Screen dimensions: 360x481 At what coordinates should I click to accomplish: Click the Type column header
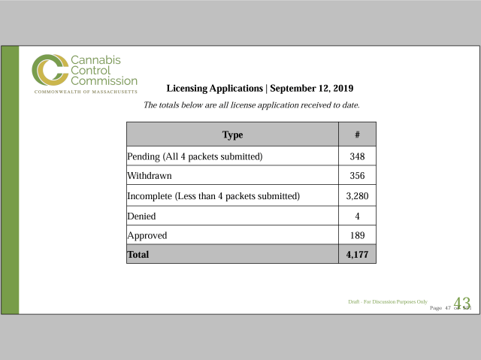tap(232, 135)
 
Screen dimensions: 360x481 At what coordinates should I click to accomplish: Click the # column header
tap(357, 135)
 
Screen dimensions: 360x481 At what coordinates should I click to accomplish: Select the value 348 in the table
tap(357, 156)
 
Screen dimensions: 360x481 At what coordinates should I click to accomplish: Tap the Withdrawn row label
tap(150, 176)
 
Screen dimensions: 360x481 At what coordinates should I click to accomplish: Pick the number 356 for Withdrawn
tap(357, 176)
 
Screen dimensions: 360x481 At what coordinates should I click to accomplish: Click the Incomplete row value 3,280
tap(357, 196)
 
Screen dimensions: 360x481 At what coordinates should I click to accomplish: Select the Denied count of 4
tap(357, 216)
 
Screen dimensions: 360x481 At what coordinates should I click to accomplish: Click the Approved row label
tap(147, 235)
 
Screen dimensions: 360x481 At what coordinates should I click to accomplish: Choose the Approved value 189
tap(357, 235)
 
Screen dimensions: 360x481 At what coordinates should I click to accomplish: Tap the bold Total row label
tap(138, 255)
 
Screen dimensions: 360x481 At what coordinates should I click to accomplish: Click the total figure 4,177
tap(357, 255)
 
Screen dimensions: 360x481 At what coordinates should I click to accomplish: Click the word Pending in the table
tap(144, 156)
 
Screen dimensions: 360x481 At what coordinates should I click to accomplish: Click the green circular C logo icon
tap(50, 71)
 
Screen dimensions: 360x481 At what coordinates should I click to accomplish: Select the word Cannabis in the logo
tap(95, 59)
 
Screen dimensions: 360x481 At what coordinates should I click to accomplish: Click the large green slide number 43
tap(461, 304)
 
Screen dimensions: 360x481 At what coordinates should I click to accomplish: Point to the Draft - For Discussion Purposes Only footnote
tap(388, 301)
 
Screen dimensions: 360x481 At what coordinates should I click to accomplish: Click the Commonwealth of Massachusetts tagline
tap(86, 92)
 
